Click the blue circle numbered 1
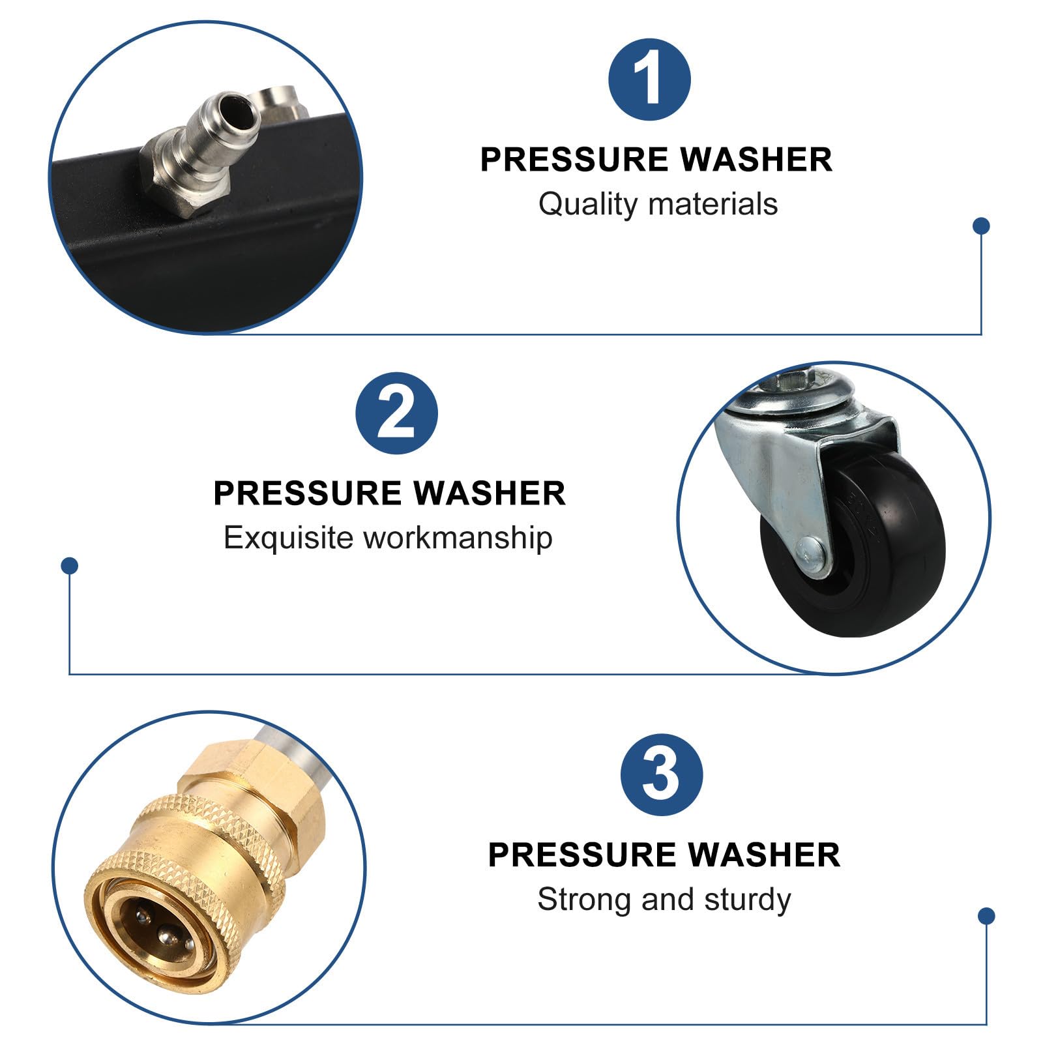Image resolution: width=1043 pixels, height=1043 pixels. (649, 80)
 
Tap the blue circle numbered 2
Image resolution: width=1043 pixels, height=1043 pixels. (396, 413)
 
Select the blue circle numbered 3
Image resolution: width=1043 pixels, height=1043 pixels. (662, 774)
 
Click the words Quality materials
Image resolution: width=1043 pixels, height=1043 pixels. (658, 204)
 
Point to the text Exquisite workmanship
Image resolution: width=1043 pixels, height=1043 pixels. (388, 538)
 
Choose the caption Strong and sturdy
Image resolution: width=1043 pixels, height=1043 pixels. (664, 900)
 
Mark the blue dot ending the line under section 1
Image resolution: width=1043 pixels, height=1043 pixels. (981, 226)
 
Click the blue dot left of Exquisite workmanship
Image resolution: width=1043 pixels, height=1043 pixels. (69, 565)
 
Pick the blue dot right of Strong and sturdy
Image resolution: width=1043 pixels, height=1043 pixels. (986, 916)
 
